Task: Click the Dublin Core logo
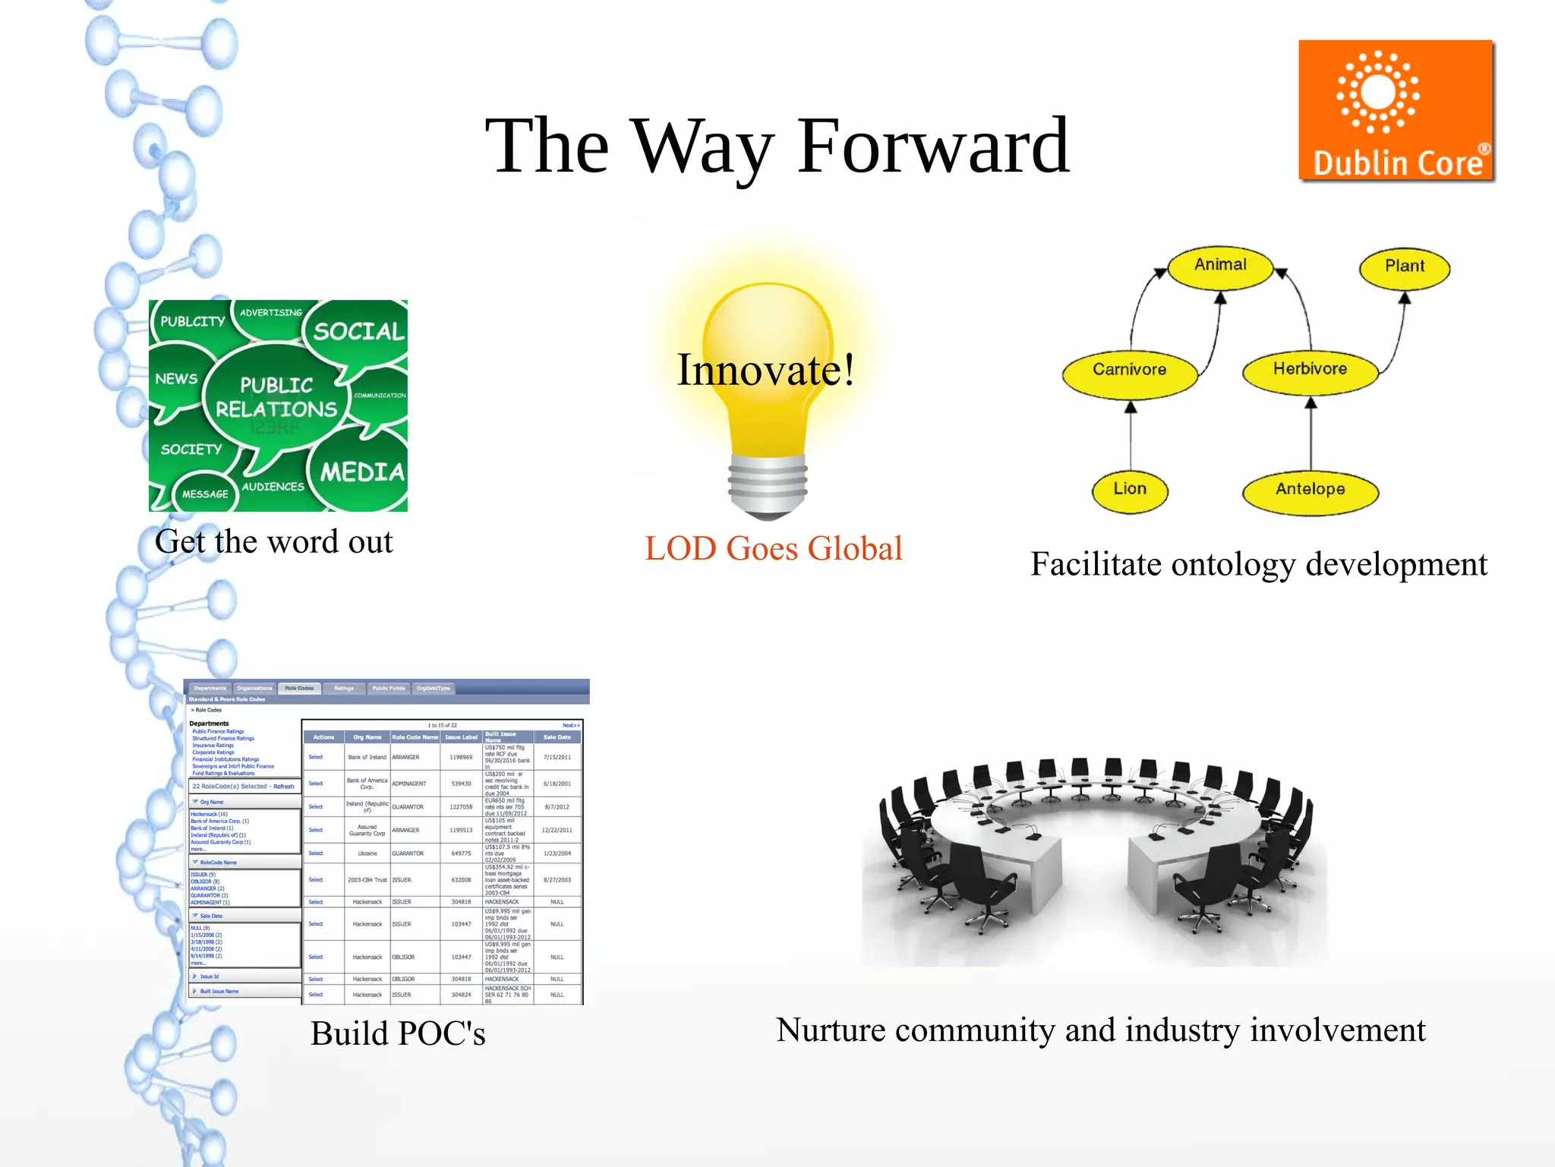(x=1396, y=111)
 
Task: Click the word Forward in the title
(x=932, y=146)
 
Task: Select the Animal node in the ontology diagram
(x=1219, y=266)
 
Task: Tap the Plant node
(x=1404, y=267)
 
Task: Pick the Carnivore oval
(x=1129, y=371)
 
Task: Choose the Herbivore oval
(x=1310, y=370)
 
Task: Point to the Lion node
(x=1130, y=490)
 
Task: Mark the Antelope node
(x=1310, y=490)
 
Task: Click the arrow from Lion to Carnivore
(x=1131, y=437)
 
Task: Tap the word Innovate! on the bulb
(x=765, y=371)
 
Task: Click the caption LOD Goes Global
(x=773, y=548)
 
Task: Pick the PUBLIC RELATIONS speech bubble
(x=276, y=397)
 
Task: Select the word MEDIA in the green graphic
(x=362, y=472)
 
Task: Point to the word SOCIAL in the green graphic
(x=358, y=332)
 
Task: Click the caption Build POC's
(x=398, y=1033)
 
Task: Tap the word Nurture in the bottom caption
(x=831, y=1030)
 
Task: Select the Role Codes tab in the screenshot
(x=299, y=689)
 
